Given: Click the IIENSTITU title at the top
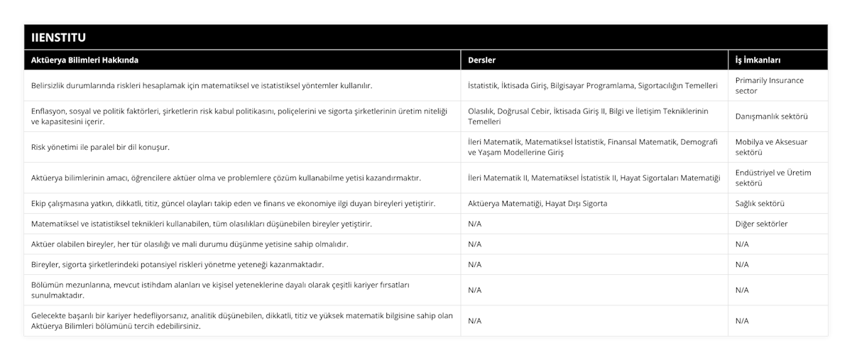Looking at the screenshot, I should coord(60,36).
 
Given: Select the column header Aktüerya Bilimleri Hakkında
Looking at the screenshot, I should coord(85,60).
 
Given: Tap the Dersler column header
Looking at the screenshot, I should coord(482,60).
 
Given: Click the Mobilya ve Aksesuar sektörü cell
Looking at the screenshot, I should coord(771,146).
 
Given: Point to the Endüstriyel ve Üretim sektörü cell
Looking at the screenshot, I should coord(772,177).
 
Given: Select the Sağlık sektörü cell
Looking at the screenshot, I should coord(760,203).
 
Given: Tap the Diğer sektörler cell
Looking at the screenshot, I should coord(761,224).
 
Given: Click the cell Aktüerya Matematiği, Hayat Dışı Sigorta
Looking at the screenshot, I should coord(537,203).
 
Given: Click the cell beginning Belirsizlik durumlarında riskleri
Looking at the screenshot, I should coord(202,85).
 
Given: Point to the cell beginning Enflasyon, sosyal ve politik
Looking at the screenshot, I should coord(241,116).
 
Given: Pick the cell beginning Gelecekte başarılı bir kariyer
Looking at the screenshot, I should coord(241,321).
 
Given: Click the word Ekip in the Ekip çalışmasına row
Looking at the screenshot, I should coord(39,203).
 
